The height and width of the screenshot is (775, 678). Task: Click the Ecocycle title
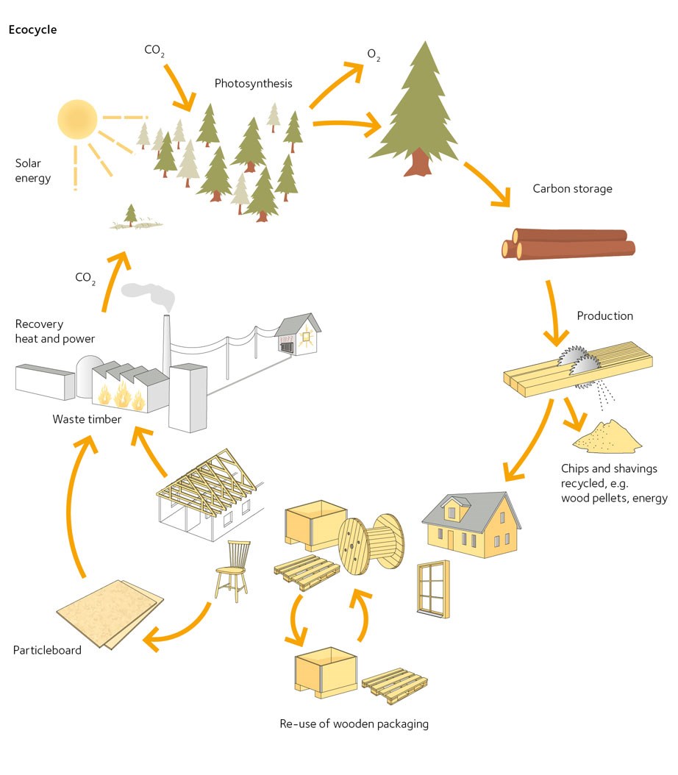(32, 30)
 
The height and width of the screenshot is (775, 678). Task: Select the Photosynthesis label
(253, 84)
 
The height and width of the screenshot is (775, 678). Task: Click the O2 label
(374, 56)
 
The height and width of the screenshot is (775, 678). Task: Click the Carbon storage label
(572, 189)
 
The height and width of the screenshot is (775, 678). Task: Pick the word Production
(604, 316)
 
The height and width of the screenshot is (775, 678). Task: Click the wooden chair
(232, 568)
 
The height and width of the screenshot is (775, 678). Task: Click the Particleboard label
(47, 651)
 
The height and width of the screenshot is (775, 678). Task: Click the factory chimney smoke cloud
(151, 295)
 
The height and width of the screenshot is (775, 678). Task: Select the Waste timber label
(87, 419)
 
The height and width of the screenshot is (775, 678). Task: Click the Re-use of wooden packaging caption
(354, 724)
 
